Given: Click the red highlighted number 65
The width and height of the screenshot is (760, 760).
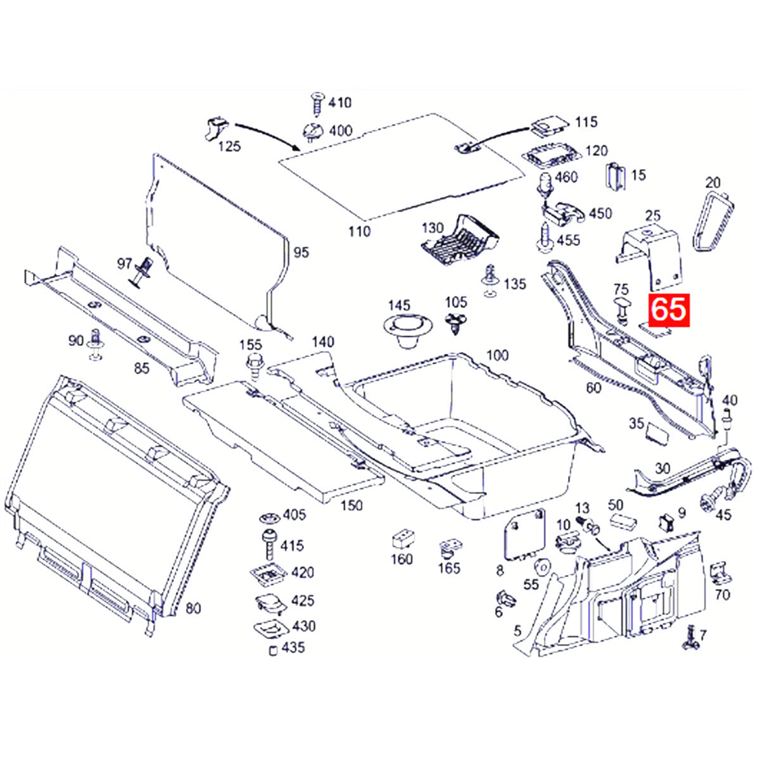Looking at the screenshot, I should click(668, 310).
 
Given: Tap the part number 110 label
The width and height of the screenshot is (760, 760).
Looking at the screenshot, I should click(359, 232).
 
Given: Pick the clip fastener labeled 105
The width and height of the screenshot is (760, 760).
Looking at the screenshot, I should click(455, 323).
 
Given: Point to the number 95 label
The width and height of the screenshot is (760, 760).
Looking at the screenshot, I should click(301, 253).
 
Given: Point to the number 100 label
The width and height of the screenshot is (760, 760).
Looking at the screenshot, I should click(497, 355).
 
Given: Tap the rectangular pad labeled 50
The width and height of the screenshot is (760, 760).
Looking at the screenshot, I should click(623, 521).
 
